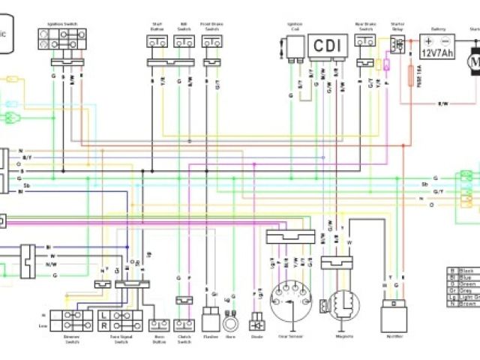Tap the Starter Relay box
click(397, 44)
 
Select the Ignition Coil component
click(294, 46)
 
